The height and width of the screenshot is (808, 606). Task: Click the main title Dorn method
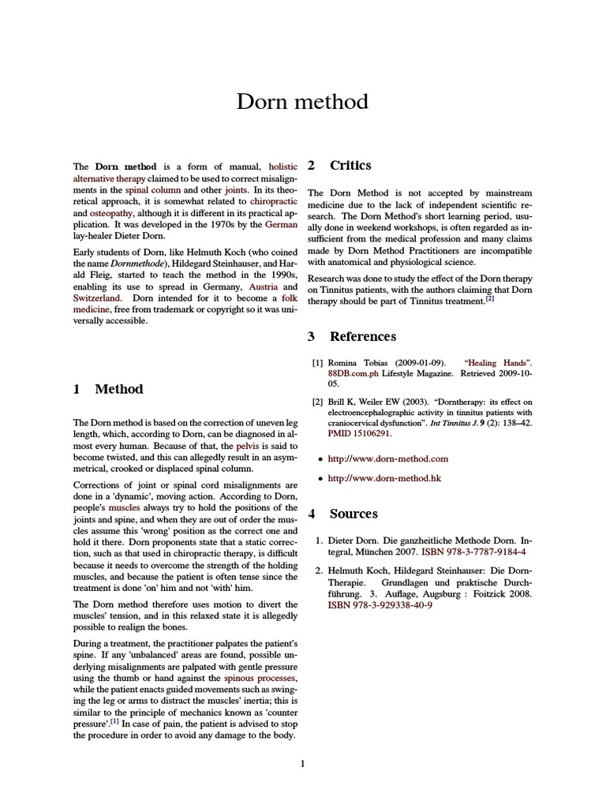303,102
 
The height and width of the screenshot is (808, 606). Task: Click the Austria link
263,287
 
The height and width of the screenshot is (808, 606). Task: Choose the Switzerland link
97,299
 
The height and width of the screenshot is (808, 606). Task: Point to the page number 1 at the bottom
303,764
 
